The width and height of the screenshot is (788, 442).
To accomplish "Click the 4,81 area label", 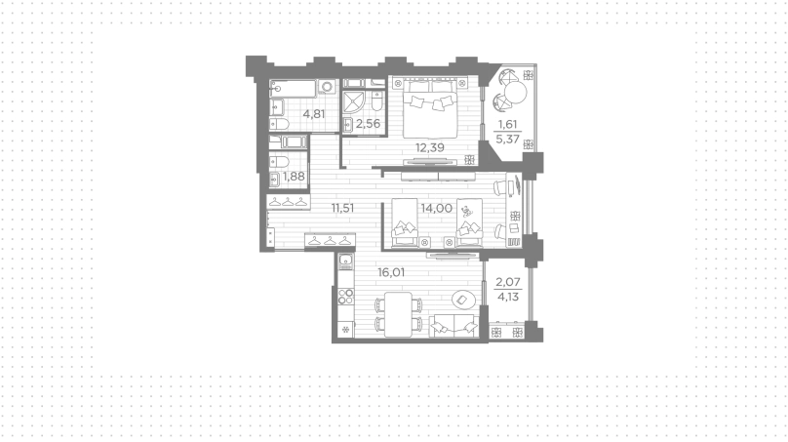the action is (x=314, y=114).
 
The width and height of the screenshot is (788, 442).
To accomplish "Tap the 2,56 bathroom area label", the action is (x=368, y=124).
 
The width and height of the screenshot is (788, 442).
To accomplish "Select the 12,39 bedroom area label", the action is (x=430, y=147).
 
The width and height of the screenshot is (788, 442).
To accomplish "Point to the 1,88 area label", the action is (x=294, y=177).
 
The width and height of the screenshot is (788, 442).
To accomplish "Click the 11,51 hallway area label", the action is (x=342, y=208).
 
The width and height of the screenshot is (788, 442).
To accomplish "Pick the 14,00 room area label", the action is (x=437, y=208).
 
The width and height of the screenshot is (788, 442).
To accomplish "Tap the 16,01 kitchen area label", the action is (x=391, y=272).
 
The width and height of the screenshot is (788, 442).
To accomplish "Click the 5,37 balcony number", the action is (x=507, y=139).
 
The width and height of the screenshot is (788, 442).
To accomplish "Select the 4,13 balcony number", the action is (x=507, y=297).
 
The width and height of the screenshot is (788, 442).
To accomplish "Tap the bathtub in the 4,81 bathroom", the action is (x=293, y=89).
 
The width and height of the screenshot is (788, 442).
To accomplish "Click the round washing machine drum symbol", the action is (x=327, y=87).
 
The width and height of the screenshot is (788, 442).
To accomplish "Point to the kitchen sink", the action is (x=346, y=261).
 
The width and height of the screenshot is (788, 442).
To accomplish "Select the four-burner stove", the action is (x=346, y=297).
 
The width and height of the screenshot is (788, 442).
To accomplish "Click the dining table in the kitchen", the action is (x=398, y=314).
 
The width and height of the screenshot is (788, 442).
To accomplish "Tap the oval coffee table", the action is (x=463, y=301).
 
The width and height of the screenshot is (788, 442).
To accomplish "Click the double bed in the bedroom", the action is (x=430, y=108).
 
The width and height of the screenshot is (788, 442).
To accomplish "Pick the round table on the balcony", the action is (x=515, y=92).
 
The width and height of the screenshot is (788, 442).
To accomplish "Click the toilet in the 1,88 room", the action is (x=280, y=162).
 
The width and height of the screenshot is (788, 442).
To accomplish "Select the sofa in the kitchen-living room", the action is (x=453, y=325).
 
